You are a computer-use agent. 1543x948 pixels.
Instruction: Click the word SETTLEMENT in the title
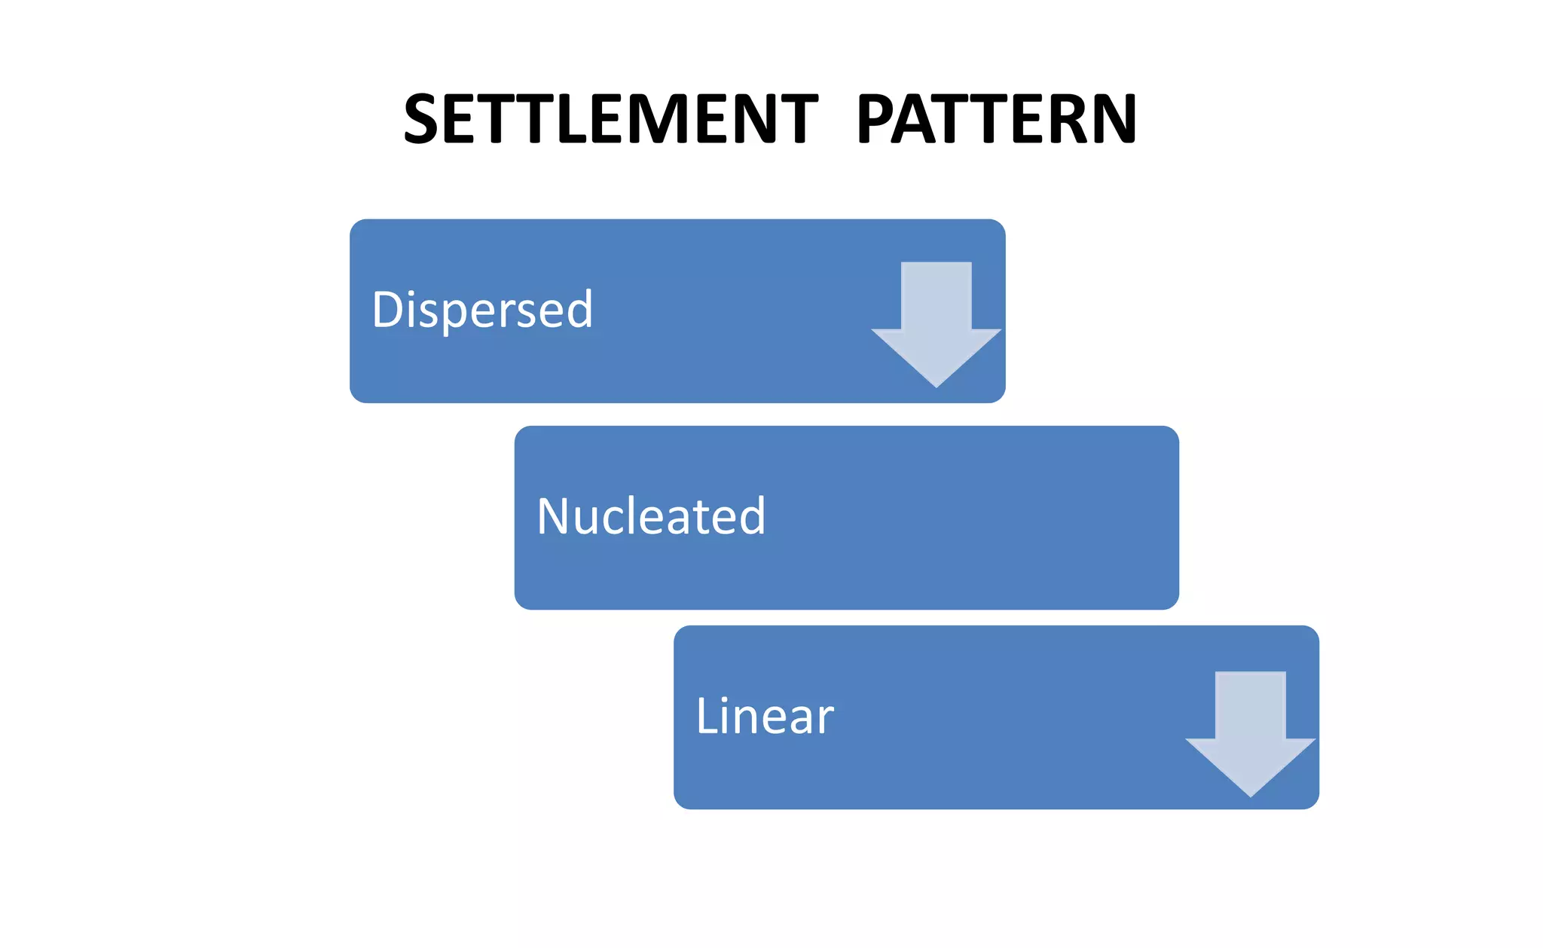(610, 118)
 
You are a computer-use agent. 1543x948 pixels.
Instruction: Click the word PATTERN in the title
(996, 118)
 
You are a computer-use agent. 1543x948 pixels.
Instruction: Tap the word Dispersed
(482, 310)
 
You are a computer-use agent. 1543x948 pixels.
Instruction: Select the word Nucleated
(651, 517)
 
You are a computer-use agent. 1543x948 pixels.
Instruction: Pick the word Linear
(764, 716)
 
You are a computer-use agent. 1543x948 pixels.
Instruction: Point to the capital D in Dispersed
(390, 309)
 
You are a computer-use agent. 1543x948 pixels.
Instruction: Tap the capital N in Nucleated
(556, 516)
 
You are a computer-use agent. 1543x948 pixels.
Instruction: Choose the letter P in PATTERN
(877, 118)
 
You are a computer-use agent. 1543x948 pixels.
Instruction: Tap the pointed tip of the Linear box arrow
(1251, 795)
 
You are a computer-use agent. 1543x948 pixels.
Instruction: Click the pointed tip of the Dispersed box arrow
(936, 386)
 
